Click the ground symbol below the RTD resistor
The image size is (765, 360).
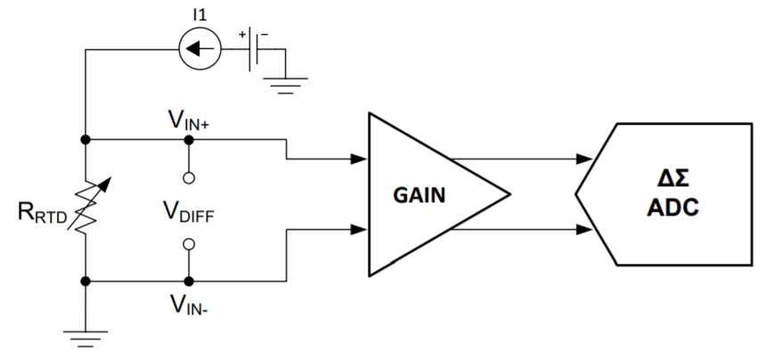click(x=85, y=336)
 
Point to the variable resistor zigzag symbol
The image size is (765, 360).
click(x=85, y=210)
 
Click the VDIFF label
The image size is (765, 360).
click(x=187, y=213)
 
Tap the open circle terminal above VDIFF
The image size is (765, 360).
click(x=188, y=176)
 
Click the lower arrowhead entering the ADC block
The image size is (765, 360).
click(x=584, y=230)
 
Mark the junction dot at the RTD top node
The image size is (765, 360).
click(x=85, y=140)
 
